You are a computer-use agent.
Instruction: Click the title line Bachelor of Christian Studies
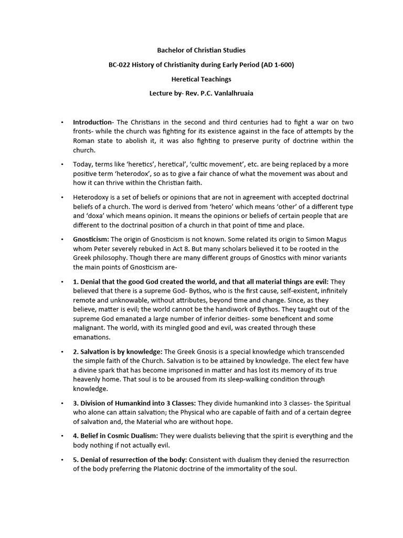click(201, 50)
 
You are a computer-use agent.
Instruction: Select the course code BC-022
click(119, 65)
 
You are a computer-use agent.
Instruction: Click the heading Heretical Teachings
click(201, 79)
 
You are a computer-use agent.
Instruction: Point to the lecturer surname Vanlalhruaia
click(231, 94)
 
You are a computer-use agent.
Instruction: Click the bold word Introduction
click(92, 122)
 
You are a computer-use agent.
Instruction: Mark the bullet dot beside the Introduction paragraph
click(62, 122)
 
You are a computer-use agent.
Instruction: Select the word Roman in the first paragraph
click(83, 141)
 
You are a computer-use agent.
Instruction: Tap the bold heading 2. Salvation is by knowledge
click(118, 351)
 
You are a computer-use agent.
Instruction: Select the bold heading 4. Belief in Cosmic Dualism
click(115, 436)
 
